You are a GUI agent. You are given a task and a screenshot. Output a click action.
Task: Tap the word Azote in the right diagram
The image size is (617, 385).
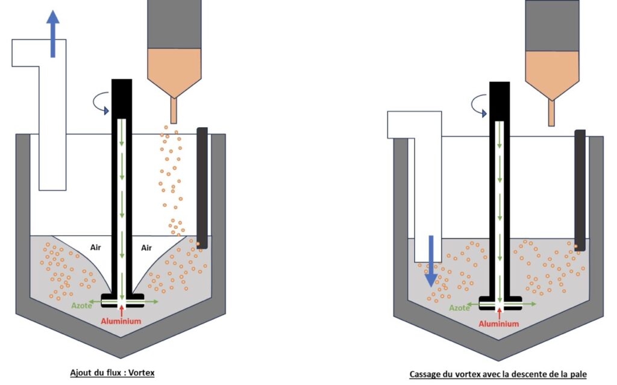coord(459,307)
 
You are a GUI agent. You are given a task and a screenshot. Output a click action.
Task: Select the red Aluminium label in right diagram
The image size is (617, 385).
coord(499,324)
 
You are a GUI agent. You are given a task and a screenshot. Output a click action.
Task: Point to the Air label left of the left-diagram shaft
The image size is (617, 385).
coord(95,247)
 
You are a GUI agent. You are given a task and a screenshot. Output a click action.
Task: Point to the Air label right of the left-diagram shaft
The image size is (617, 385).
coord(146,247)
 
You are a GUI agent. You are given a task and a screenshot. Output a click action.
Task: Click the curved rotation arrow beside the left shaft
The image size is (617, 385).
coord(99,107)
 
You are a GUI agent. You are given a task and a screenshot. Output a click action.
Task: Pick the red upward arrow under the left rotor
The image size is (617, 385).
coord(122,310)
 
